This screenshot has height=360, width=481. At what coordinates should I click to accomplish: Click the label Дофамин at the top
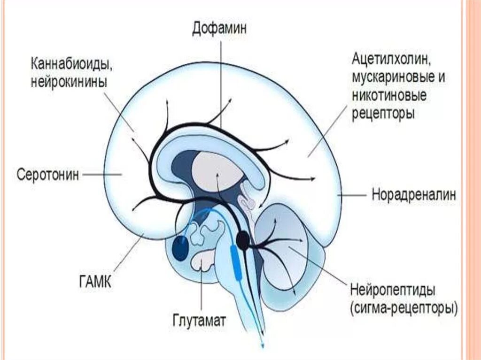tap(219, 29)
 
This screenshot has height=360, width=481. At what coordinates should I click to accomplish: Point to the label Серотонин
tap(48, 175)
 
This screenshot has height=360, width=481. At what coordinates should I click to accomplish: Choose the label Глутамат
tap(199, 322)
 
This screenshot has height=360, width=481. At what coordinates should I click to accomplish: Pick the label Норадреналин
tap(413, 194)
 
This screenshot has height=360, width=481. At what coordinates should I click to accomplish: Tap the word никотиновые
tap(389, 96)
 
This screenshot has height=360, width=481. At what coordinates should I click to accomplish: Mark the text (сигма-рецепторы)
tap(403, 308)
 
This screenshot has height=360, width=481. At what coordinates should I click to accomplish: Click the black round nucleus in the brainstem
tap(243, 241)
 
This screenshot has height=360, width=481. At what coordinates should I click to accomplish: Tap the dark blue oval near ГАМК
tap(180, 248)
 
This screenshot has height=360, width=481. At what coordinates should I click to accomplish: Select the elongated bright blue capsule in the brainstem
tap(235, 262)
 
